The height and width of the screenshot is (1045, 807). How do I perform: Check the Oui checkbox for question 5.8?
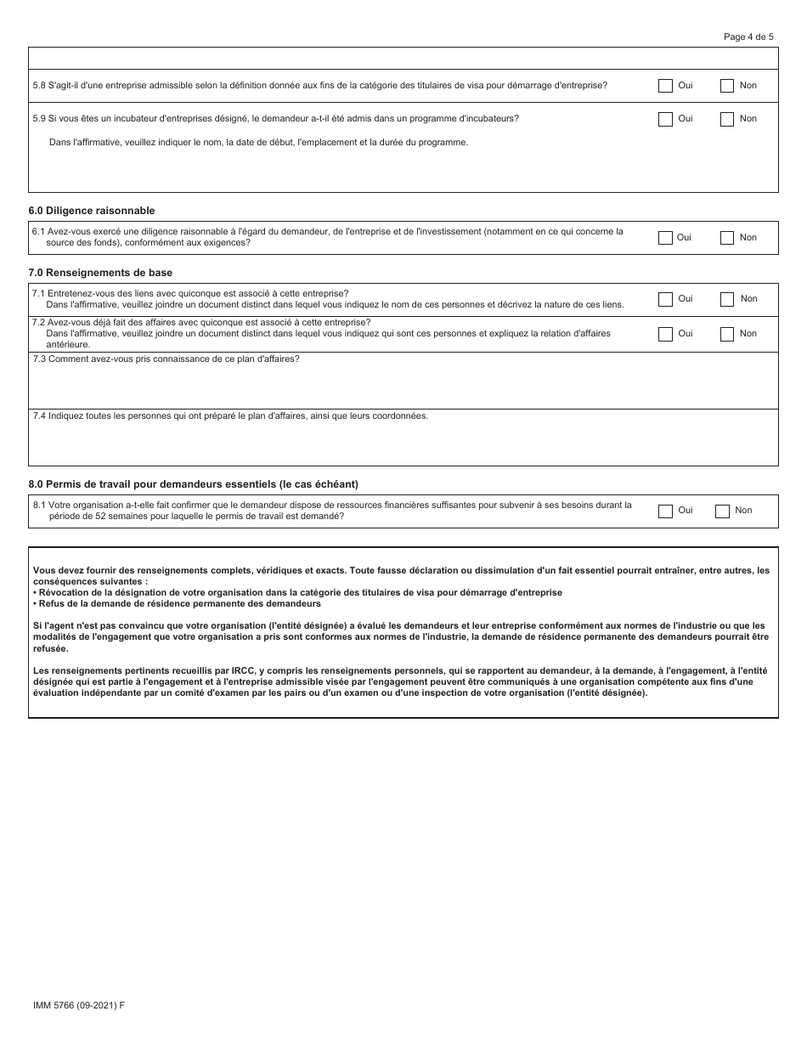[665, 86]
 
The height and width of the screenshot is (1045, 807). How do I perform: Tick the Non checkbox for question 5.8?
[727, 86]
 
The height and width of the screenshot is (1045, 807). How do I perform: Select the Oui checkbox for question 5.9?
[665, 120]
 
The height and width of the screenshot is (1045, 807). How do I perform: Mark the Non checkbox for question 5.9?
[727, 120]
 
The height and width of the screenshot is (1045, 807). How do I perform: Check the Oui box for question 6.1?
[665, 238]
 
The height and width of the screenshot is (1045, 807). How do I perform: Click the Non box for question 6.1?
[727, 238]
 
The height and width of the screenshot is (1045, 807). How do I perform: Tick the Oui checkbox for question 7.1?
[665, 299]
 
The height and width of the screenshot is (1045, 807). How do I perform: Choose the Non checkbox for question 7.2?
[727, 334]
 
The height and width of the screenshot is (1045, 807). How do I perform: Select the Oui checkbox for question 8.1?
[665, 511]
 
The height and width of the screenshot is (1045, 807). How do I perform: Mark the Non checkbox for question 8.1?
[722, 511]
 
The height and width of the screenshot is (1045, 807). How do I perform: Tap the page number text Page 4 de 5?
[748, 37]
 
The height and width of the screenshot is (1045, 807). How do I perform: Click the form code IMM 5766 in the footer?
[78, 1005]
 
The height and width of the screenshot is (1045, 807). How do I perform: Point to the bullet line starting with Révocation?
[297, 592]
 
